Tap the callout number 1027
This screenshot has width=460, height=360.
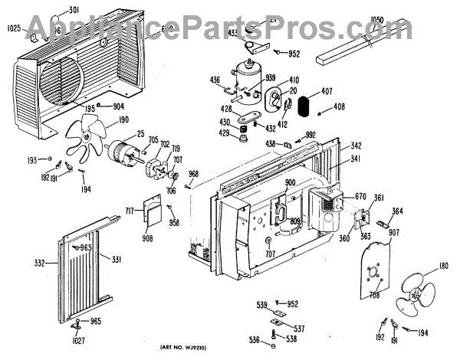coord(75,340)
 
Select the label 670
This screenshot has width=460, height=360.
coord(359,196)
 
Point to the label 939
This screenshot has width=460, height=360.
coord(271,78)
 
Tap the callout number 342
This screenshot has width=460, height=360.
coord(356,146)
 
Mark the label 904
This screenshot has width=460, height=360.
coord(118,106)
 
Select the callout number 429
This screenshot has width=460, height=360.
coord(224,134)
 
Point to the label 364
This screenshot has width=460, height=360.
coord(398,211)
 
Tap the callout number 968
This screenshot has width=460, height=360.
coord(194,174)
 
